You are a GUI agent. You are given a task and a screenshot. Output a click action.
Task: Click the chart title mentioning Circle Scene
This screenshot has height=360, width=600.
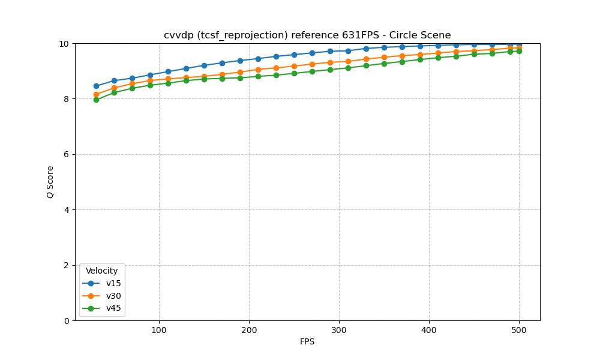tap(307, 35)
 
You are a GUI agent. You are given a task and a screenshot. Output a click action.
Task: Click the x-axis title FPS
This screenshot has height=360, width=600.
tap(307, 342)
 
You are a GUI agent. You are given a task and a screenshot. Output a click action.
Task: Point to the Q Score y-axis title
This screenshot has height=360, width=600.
tap(50, 182)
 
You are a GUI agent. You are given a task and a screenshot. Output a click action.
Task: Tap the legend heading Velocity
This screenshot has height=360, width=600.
tap(102, 271)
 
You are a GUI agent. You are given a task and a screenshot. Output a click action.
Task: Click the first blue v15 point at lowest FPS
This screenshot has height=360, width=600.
tap(96, 86)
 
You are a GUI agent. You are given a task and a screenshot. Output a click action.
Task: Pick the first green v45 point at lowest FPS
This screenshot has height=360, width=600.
tap(96, 100)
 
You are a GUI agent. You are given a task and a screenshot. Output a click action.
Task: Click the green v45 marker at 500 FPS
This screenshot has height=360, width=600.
tap(519, 51)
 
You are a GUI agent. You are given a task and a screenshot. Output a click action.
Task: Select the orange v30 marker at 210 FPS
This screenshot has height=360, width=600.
tap(258, 70)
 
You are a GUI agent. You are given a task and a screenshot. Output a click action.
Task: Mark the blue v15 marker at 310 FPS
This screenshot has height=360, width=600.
tap(348, 51)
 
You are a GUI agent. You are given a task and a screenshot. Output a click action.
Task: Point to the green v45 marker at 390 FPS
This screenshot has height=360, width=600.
tap(420, 59)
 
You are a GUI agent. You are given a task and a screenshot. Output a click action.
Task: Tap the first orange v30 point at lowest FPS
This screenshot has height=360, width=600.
tap(96, 94)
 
